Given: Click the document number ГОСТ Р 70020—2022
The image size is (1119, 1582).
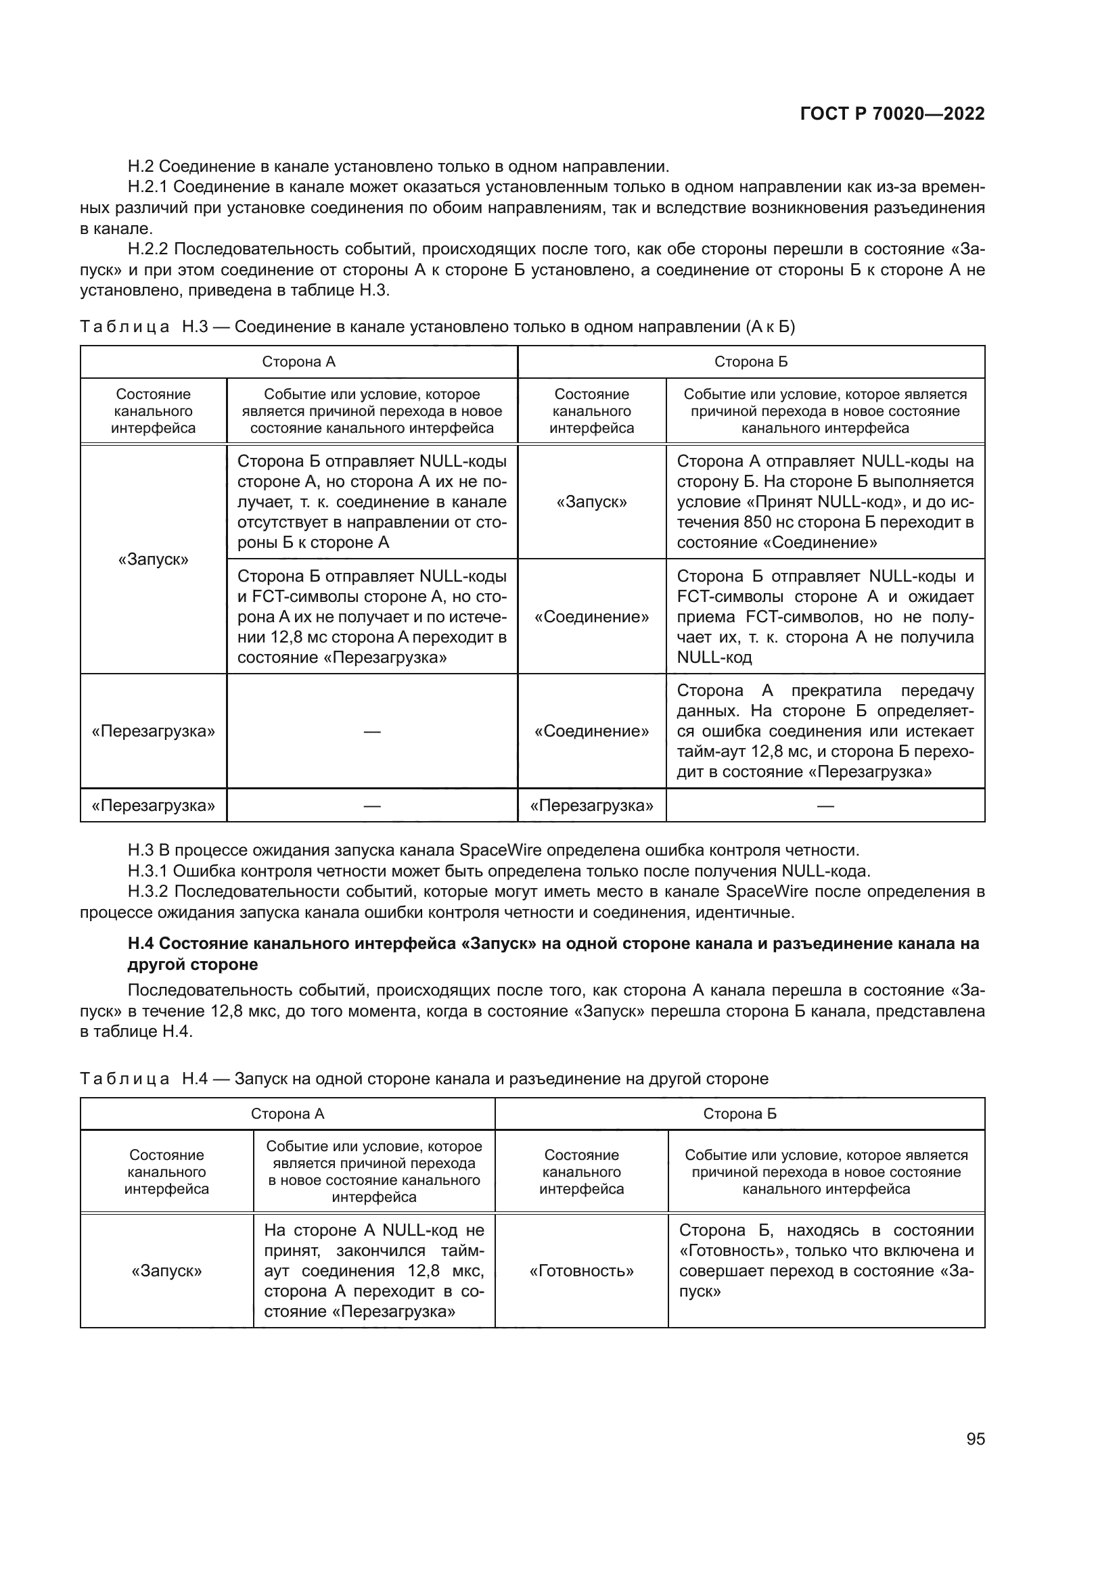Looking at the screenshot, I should pyautogui.click(x=892, y=114).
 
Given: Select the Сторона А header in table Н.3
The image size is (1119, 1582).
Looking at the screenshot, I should pyautogui.click(x=298, y=362).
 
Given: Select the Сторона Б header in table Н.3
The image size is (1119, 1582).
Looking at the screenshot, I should pyautogui.click(x=750, y=362).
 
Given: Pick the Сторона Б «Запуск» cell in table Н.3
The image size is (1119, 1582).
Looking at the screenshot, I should pyautogui.click(x=591, y=502).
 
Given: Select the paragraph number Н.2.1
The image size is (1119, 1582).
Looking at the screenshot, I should pyautogui.click(x=147, y=187).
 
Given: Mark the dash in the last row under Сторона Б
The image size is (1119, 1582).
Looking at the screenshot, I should pyautogui.click(x=825, y=806).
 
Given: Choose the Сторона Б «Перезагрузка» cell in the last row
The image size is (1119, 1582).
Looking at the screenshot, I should pyautogui.click(x=591, y=806).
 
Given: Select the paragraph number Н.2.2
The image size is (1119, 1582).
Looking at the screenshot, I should pyautogui.click(x=147, y=250).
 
